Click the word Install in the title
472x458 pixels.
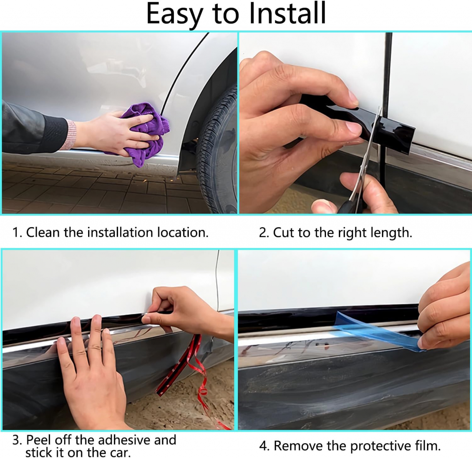pos(287,13)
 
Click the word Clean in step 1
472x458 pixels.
pos(43,232)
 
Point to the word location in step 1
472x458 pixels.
pos(183,232)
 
